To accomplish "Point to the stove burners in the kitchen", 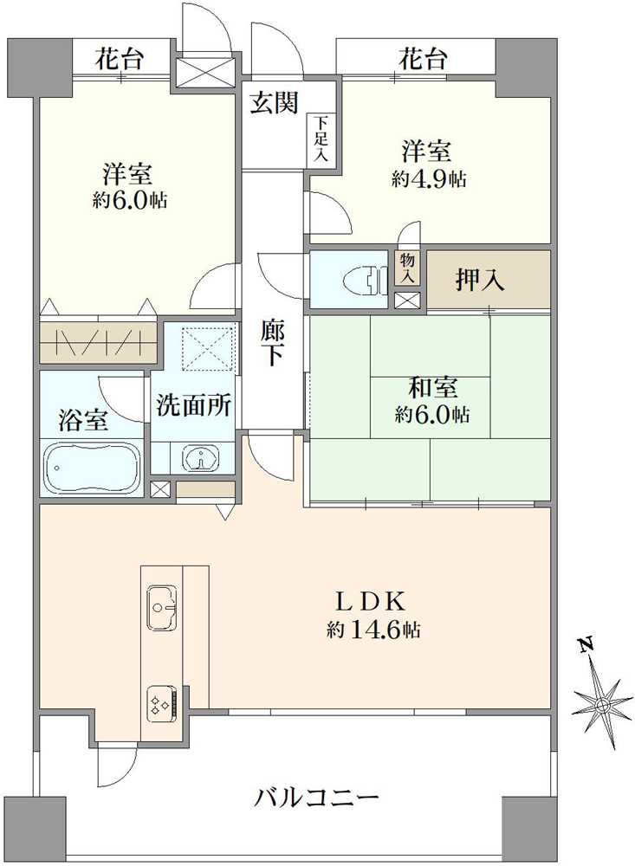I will (162, 700).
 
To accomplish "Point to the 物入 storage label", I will (406, 268).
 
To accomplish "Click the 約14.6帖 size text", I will (374, 630).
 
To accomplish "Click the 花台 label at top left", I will (120, 60).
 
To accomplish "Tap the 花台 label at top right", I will (423, 60).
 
